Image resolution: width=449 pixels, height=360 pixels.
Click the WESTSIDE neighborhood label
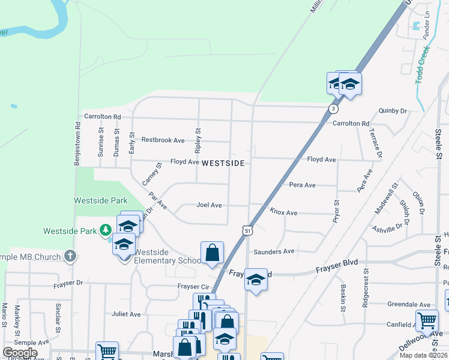coord(223,163)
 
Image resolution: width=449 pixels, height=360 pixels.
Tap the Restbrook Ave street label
coord(163,140)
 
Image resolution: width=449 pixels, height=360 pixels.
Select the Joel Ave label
coord(209,205)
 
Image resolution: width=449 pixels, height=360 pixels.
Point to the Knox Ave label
coord(283,212)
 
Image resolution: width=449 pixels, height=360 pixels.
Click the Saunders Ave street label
coord(274,251)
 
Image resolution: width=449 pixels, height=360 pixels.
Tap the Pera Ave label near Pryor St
coord(302,185)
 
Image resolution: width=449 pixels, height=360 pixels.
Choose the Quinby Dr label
coord(393,110)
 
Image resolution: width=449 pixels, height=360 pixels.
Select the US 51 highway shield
coord(247,230)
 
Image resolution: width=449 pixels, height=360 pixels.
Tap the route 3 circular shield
coord(333,109)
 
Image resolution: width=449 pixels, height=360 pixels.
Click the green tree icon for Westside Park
coord(106,230)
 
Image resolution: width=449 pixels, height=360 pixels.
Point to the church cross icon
coord(70,256)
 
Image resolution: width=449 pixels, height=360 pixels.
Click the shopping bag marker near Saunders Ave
coord(212,253)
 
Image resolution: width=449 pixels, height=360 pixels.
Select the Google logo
coord(20,353)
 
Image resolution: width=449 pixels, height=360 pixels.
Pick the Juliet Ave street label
coord(126,314)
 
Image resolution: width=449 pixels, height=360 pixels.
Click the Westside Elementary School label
coord(167,256)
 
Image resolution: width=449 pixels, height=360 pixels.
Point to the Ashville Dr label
coord(387,228)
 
